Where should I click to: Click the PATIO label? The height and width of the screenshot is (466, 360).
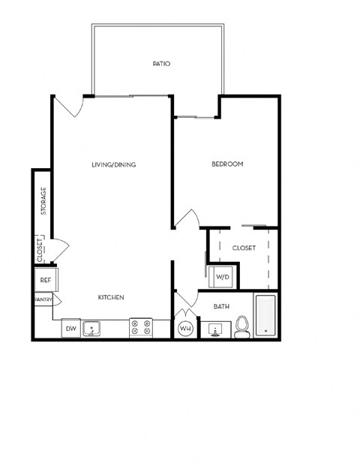(160, 64)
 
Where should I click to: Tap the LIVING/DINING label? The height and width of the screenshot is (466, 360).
(113, 164)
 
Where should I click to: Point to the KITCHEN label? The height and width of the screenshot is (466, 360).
(111, 297)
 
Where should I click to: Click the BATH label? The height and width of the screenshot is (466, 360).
(220, 306)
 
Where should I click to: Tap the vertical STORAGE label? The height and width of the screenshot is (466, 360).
(43, 201)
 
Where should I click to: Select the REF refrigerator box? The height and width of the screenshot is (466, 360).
(45, 280)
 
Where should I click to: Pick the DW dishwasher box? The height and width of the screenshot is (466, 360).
(70, 328)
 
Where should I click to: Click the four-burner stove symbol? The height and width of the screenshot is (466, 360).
(140, 328)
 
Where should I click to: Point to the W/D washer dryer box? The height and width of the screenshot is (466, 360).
(223, 277)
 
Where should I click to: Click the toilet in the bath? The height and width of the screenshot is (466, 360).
(241, 326)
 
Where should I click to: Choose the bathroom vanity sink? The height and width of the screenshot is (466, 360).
(216, 329)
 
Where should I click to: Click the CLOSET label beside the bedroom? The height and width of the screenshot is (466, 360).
(244, 248)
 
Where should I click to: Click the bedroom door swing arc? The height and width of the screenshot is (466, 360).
(188, 218)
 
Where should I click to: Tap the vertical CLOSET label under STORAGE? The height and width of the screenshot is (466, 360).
(40, 250)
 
